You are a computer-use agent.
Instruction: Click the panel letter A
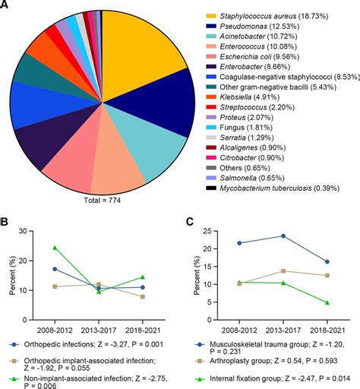(x=5, y=7)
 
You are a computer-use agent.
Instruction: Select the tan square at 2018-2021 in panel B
(x=142, y=296)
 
